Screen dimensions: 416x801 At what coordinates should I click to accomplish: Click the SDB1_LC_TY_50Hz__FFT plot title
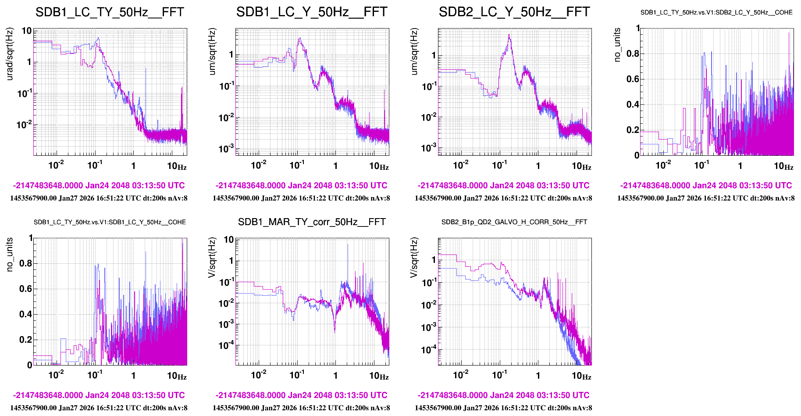pos(110,12)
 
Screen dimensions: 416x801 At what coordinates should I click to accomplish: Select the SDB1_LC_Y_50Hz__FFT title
pos(312,12)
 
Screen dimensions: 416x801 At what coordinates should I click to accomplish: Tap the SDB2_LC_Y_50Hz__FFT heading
pos(514,12)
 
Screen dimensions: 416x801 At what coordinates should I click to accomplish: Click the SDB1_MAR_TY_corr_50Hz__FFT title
pos(312,222)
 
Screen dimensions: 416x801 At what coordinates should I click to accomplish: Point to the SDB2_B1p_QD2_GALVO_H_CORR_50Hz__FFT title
pos(514,222)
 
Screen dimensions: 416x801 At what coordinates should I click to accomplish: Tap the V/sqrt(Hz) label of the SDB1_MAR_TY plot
pos(212,258)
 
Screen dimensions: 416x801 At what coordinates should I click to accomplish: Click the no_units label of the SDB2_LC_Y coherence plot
pos(617,45)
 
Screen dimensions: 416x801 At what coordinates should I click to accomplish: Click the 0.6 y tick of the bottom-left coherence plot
pos(25,289)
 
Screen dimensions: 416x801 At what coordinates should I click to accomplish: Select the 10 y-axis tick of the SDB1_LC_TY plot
pos(26,31)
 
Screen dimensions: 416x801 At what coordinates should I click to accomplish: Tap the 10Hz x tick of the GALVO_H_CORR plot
pos(581,376)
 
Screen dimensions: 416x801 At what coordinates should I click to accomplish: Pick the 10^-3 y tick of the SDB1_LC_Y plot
pos(226,148)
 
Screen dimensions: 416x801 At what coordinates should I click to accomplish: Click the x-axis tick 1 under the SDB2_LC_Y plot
pos(538,166)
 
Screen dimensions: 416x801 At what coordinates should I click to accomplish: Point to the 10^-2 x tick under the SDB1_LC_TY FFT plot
pos(56,165)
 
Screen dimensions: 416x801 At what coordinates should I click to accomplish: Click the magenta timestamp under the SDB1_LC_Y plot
pos(301,186)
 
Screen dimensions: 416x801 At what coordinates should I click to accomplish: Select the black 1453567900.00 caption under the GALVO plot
pos(503,408)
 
